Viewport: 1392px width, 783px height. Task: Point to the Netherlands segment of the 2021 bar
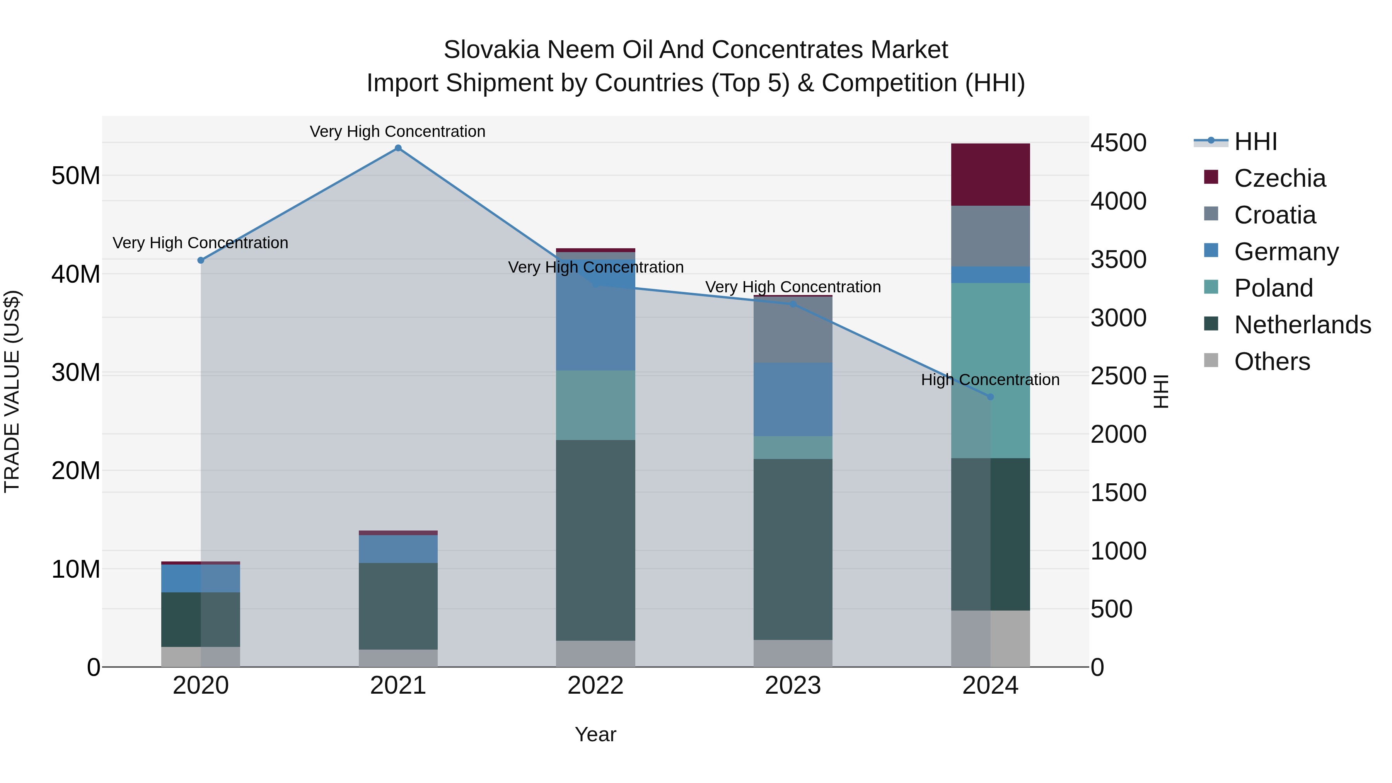click(398, 606)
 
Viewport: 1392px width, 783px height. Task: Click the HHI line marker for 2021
click(398, 148)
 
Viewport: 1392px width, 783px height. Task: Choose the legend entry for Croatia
click(1274, 215)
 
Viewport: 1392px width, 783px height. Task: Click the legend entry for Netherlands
click(1302, 325)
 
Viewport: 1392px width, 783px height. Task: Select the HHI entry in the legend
click(1255, 142)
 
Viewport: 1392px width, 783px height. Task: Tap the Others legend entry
click(1271, 362)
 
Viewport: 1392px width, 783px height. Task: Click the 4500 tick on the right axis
click(1118, 143)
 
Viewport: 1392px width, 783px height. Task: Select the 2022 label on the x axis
click(595, 685)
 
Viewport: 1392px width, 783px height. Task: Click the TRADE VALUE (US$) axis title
click(12, 391)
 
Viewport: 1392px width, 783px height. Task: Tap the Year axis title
click(595, 734)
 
